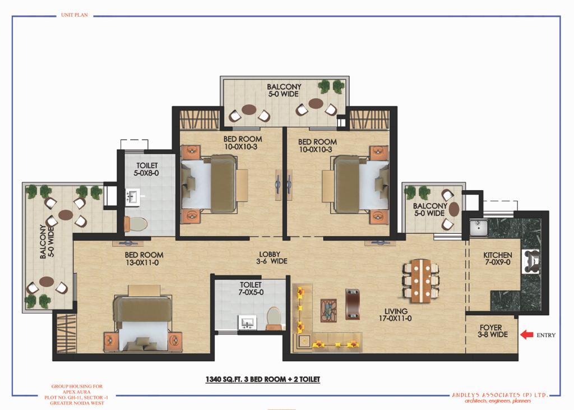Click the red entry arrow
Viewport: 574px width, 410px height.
point(527,334)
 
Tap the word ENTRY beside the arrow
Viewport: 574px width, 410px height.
point(546,335)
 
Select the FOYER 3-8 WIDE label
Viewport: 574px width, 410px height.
point(492,331)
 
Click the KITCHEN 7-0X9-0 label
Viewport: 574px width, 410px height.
point(498,259)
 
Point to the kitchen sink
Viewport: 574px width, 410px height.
point(478,228)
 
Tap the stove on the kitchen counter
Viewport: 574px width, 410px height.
point(531,261)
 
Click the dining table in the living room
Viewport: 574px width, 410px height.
point(420,280)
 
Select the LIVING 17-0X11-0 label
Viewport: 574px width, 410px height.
point(395,315)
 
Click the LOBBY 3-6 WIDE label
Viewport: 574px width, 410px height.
point(271,257)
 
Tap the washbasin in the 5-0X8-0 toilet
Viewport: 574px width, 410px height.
point(132,196)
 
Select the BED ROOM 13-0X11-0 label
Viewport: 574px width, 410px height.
point(144,259)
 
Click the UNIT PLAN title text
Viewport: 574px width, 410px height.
point(75,15)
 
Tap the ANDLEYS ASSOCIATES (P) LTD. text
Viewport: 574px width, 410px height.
point(499,395)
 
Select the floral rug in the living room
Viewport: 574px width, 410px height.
point(328,311)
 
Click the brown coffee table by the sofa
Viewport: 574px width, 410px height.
point(353,304)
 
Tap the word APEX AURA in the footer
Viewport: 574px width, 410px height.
point(76,391)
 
